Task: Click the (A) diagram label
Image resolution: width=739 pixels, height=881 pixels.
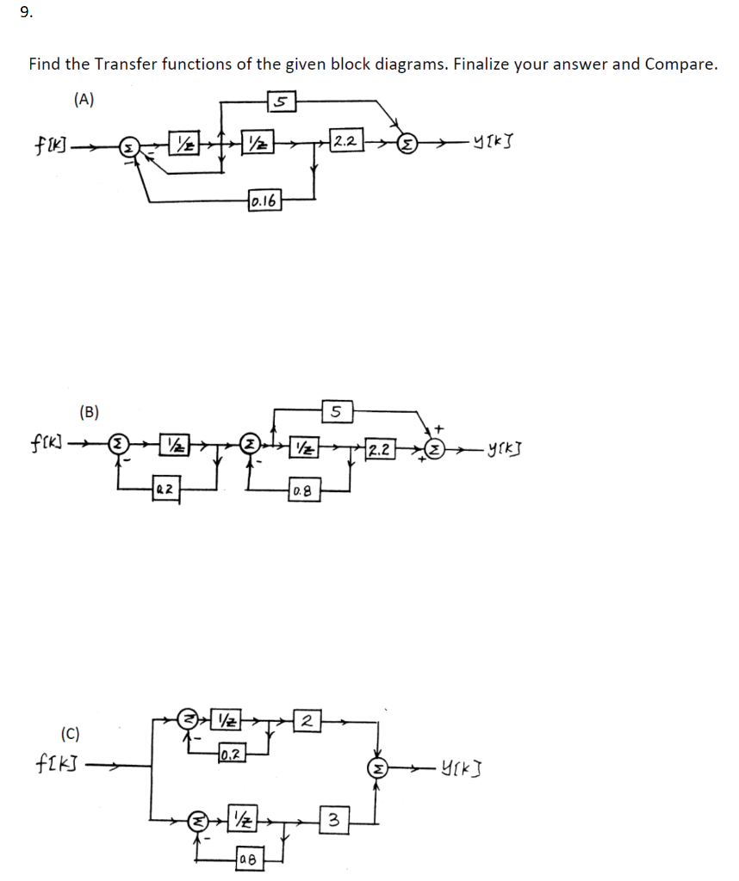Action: (84, 99)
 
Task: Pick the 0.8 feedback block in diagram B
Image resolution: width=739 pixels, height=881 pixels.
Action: (301, 490)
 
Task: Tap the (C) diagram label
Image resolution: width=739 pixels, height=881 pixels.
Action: (71, 734)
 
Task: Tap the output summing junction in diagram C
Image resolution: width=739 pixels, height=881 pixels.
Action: (377, 767)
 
